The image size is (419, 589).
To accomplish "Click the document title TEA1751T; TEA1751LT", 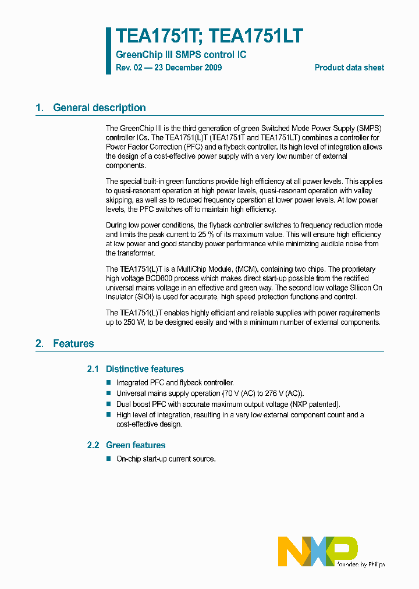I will point(209,37).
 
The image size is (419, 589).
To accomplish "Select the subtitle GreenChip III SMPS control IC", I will point(181,55).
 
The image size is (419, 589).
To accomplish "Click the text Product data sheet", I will point(349,68).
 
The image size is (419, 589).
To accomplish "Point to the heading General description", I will point(99,108).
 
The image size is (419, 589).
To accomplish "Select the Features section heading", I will point(73,343).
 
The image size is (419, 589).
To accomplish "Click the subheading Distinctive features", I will point(144,369).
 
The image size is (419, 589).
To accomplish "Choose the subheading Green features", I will point(136,445).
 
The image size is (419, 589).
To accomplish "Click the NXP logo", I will point(318,551).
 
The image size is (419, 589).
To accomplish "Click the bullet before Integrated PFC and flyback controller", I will point(108,382).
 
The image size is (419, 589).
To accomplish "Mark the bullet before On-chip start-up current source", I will point(108,459).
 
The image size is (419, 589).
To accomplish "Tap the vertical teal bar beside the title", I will point(108,51).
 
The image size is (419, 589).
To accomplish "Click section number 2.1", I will point(93,369).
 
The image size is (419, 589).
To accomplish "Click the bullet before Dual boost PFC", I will point(108,404).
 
